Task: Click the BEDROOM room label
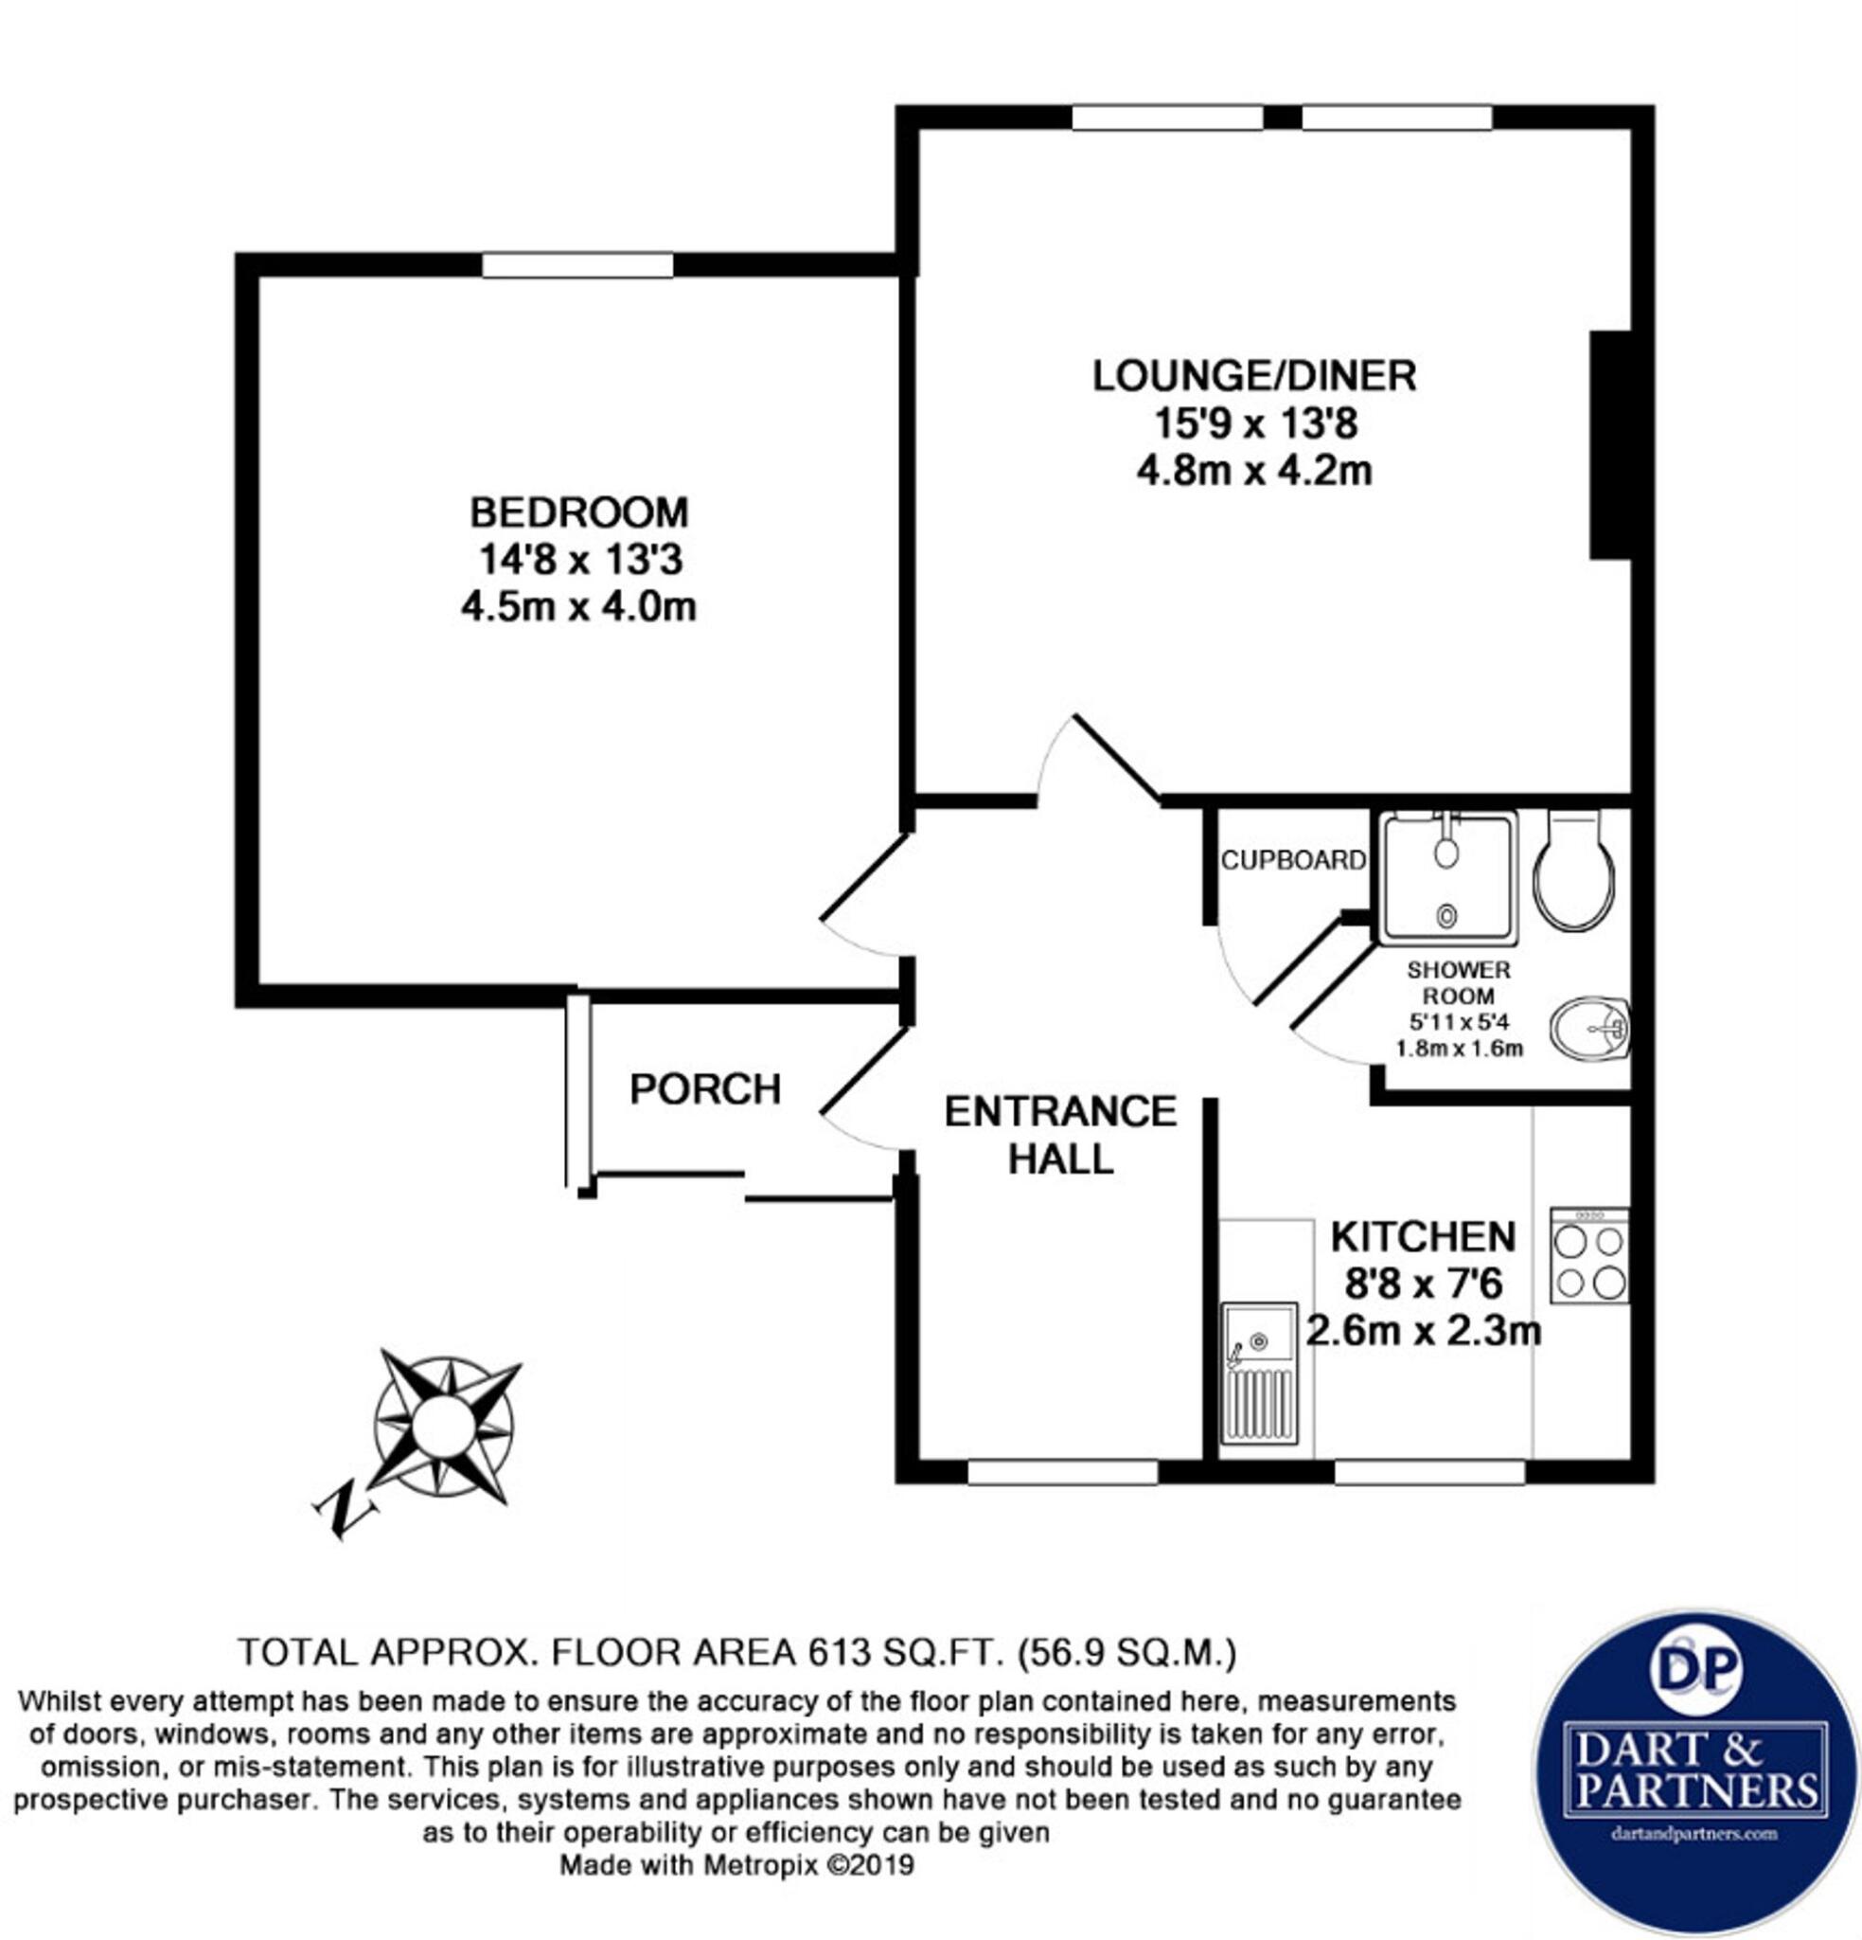pos(578,512)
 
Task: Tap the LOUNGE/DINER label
pos(1253,376)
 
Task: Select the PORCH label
pos(705,1089)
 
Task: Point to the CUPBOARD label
pos(1292,860)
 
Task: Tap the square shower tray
pos(1447,876)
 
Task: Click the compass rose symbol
pos(444,1424)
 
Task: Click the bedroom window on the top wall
pos(577,265)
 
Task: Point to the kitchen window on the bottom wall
pos(1429,1472)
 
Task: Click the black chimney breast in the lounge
pos(1609,445)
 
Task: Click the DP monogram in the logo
pos(1695,1667)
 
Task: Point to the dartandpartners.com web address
pos(1695,1833)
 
